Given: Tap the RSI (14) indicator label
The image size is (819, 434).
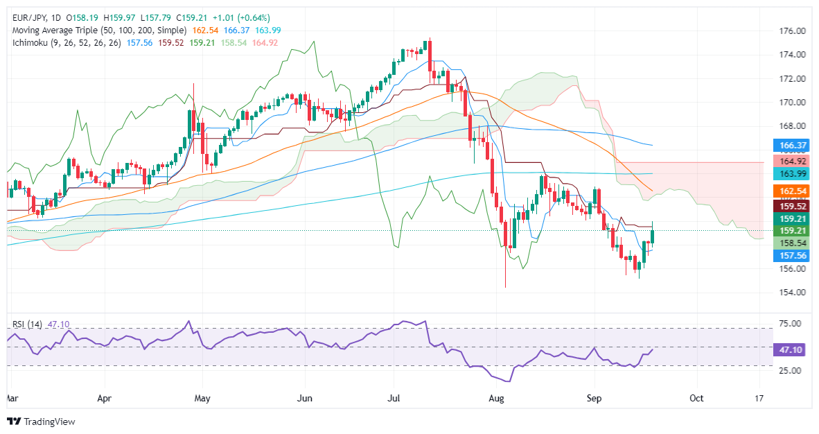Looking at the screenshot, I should coord(26,323).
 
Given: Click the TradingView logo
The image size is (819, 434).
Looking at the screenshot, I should coord(42,421).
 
